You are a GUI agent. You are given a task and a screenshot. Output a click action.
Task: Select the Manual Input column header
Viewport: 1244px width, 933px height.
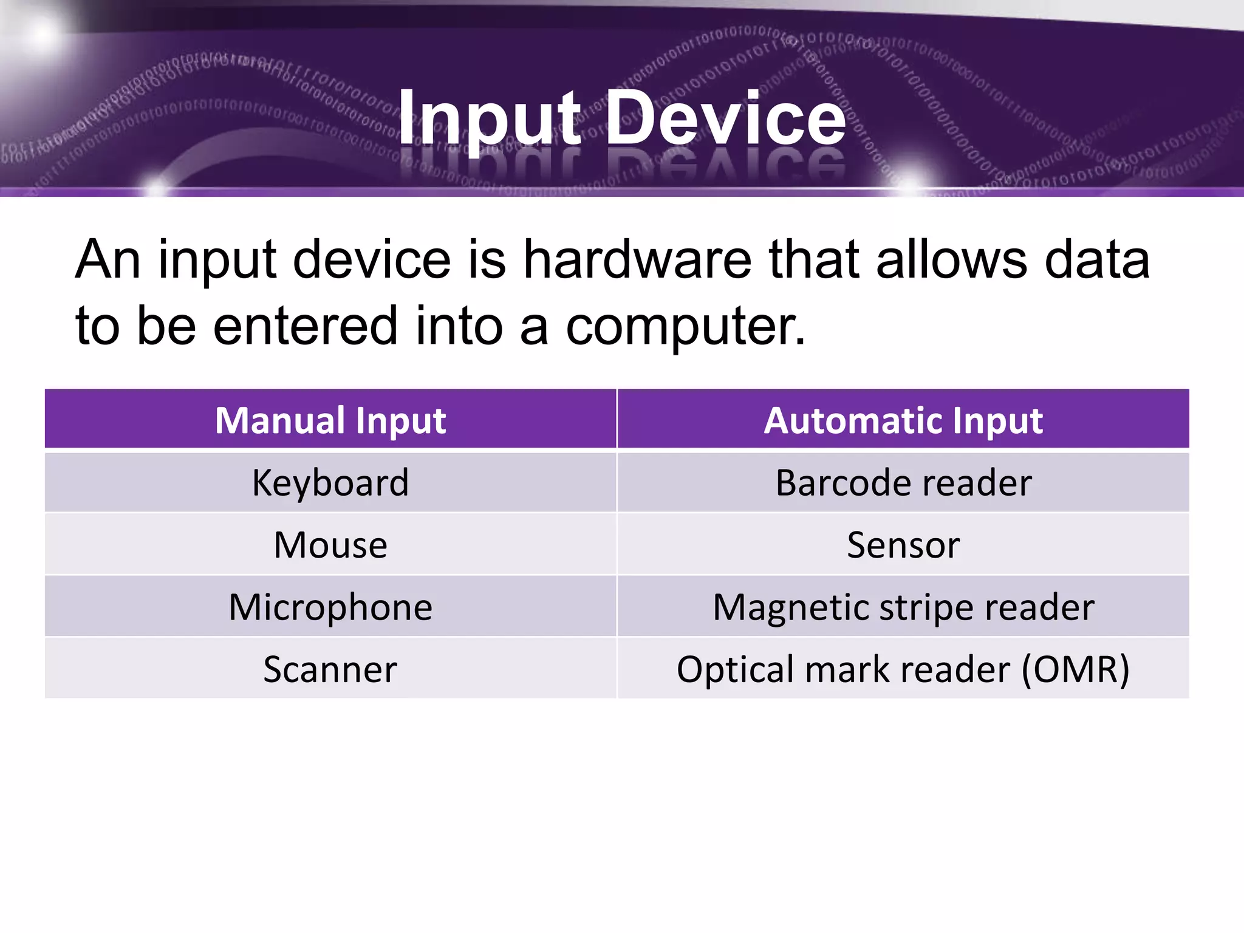330,420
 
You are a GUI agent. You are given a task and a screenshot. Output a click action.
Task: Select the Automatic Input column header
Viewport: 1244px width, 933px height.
903,420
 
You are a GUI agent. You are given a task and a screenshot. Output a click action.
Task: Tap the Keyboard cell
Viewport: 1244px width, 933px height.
330,483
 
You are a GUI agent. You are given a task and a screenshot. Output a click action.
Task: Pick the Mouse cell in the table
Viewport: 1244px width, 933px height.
330,545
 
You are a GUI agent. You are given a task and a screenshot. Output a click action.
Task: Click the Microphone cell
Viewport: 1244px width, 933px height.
330,607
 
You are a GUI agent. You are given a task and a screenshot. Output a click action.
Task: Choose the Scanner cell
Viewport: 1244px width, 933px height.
330,669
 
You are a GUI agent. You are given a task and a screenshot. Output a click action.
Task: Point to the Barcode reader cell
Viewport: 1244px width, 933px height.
903,483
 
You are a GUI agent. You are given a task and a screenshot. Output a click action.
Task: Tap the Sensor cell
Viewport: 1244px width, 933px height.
903,545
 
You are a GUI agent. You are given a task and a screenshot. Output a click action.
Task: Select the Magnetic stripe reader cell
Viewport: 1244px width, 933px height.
903,607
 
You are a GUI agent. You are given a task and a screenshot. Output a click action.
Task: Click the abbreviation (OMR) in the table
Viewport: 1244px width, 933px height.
1075,669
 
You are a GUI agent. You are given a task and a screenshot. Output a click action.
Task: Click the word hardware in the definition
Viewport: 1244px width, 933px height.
637,260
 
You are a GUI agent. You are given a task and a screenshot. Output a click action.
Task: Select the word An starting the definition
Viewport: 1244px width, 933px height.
108,260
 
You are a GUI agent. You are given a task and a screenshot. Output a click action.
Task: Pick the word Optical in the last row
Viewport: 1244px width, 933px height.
736,670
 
